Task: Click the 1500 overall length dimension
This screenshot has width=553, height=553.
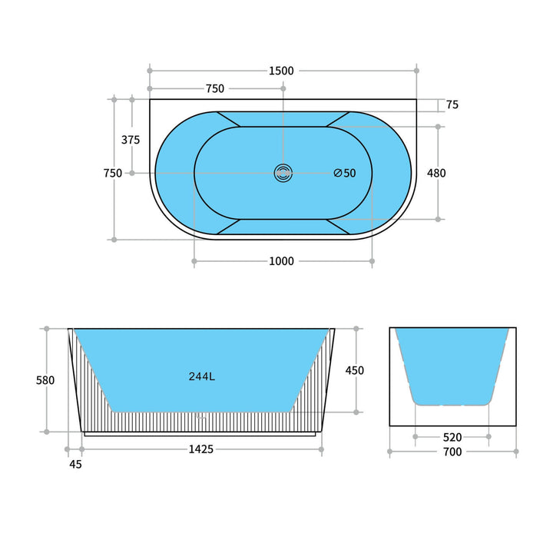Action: (x=281, y=71)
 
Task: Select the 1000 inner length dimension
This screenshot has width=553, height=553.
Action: (x=281, y=261)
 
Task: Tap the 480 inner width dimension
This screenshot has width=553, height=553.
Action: (x=436, y=173)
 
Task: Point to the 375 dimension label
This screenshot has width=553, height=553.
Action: (x=131, y=140)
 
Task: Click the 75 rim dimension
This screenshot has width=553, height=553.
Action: (x=452, y=105)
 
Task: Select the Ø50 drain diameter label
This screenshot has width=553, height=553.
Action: (x=345, y=173)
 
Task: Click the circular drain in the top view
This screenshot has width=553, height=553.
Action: (x=283, y=173)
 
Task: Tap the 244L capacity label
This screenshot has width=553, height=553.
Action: (x=202, y=376)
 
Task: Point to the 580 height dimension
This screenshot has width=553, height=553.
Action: (x=45, y=380)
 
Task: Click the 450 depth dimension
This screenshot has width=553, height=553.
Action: (x=355, y=370)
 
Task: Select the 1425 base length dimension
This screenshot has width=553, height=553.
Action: (x=201, y=449)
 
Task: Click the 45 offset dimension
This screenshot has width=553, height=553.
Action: (x=75, y=464)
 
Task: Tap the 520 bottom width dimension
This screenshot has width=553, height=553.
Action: (x=452, y=437)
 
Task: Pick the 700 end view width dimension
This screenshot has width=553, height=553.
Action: (x=452, y=452)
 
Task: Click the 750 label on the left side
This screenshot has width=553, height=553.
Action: (x=113, y=173)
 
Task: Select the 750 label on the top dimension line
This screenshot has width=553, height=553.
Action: (x=215, y=88)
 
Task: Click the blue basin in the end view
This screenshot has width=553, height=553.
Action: (x=452, y=361)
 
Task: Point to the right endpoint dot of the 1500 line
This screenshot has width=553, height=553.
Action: (x=417, y=70)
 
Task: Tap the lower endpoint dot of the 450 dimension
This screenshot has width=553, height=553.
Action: (x=356, y=412)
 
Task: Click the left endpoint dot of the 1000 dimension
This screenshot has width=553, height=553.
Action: (x=194, y=262)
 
